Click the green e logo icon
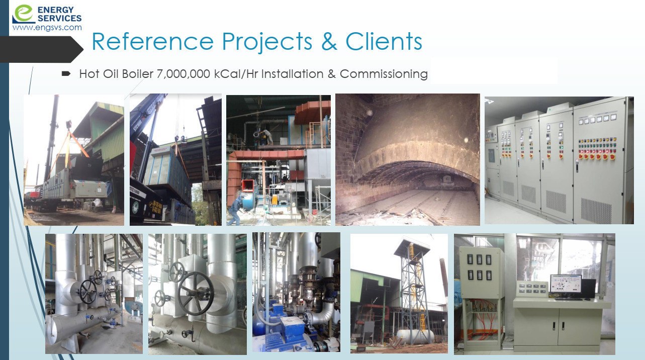24,14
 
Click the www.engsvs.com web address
47,28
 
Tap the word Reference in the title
153,42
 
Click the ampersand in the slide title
329,42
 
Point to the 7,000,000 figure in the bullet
183,74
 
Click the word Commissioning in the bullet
384,74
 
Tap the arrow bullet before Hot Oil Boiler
66,74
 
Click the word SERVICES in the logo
60,18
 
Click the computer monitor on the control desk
566,287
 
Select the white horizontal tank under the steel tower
415,336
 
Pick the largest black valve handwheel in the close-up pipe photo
196,293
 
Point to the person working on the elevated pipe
268,136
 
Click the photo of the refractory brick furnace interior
407,159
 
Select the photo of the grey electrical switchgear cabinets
559,160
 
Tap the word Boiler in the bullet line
138,74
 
